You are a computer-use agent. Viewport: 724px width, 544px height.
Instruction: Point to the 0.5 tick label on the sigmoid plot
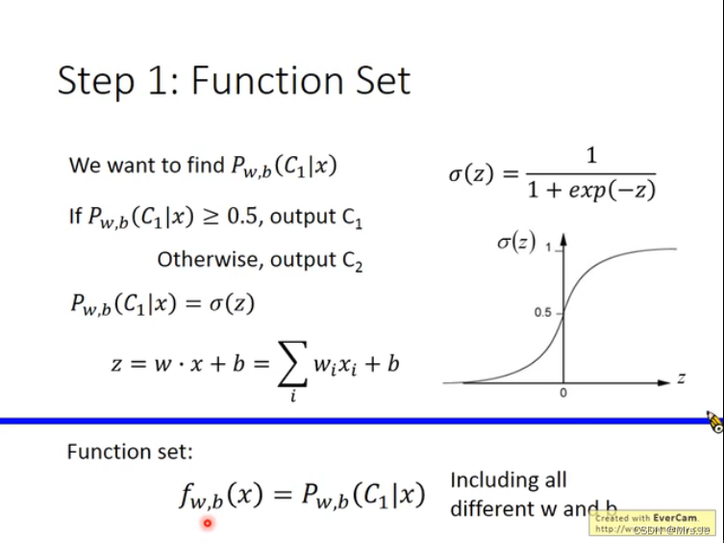(x=543, y=313)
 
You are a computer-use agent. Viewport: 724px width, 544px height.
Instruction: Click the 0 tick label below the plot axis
(x=563, y=393)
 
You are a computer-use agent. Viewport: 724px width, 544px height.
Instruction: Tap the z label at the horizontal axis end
(x=681, y=378)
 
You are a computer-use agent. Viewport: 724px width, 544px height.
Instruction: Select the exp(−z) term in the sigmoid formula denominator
(x=612, y=190)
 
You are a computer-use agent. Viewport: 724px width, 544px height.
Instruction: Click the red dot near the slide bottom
(x=207, y=524)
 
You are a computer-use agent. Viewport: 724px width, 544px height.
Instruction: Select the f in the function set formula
(x=187, y=496)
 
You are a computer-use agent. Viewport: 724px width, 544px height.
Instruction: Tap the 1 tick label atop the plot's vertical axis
(x=548, y=248)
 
